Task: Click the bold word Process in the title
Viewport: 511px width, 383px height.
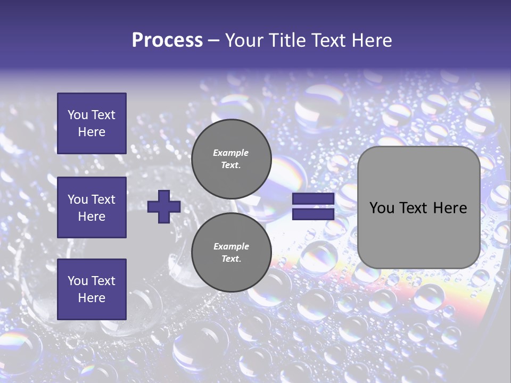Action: pyautogui.click(x=167, y=40)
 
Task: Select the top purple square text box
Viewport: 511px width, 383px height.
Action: pyautogui.click(x=92, y=123)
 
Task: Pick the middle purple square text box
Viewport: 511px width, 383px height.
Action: pyautogui.click(x=92, y=207)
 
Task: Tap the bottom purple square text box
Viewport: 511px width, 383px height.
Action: pyautogui.click(x=92, y=289)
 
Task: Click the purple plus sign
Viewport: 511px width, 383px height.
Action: pyautogui.click(x=164, y=207)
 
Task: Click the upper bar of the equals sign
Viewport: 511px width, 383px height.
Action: pyautogui.click(x=313, y=199)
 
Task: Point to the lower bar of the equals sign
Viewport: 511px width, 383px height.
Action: pyautogui.click(x=313, y=214)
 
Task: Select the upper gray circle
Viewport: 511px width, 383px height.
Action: pyautogui.click(x=231, y=159)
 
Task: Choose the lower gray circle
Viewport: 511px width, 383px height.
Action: pyautogui.click(x=231, y=252)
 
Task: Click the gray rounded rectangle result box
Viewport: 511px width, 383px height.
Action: pyautogui.click(x=418, y=207)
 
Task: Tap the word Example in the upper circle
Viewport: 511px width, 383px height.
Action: pyautogui.click(x=231, y=153)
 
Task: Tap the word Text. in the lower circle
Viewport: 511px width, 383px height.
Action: pyautogui.click(x=231, y=259)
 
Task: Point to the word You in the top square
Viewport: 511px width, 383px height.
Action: pyautogui.click(x=77, y=115)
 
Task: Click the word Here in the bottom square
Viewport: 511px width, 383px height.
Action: pyautogui.click(x=92, y=298)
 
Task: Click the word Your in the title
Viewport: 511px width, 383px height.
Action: pyautogui.click(x=244, y=40)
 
